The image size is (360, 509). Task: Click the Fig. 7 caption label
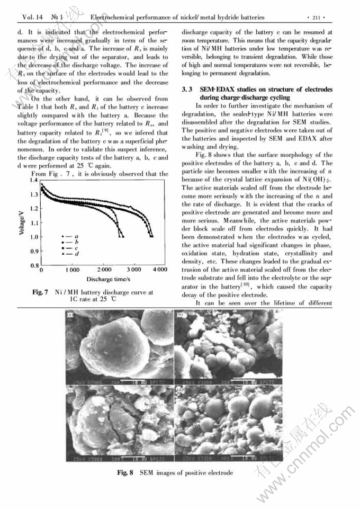pos(41,292)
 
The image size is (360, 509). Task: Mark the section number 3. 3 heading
pos(188,91)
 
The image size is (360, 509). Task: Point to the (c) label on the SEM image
pos(70,391)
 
